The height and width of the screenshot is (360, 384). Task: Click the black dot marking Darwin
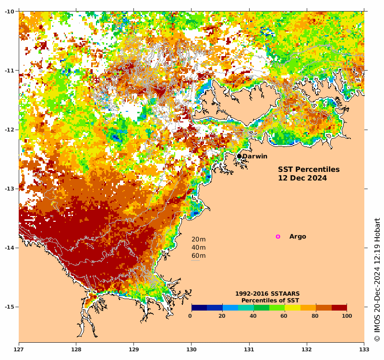[x=239, y=156]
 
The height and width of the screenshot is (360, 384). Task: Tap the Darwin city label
[x=255, y=156]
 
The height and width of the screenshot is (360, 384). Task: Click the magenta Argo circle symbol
[x=278, y=237]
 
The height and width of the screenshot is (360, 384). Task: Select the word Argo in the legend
[x=298, y=237]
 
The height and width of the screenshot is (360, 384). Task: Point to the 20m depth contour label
[x=198, y=240]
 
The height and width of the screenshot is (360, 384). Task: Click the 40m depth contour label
[x=198, y=248]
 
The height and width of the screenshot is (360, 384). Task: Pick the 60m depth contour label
[x=198, y=256]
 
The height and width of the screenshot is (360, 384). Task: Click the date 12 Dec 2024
[x=302, y=178]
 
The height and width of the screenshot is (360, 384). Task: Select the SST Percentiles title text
[x=309, y=169]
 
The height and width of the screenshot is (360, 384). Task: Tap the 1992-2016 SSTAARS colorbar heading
[x=267, y=293]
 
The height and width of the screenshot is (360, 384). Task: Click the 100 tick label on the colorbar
[x=347, y=316]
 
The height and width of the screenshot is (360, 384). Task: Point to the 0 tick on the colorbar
[x=191, y=316]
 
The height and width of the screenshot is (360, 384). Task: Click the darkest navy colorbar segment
[x=199, y=308]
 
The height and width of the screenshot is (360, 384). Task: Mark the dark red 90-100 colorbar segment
[x=339, y=308]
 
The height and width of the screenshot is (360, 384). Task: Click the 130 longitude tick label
[x=192, y=344]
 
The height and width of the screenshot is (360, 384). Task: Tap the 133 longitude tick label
[x=364, y=344]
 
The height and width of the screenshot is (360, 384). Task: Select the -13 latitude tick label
[x=10, y=189]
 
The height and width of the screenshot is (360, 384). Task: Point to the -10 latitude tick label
[x=10, y=12]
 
